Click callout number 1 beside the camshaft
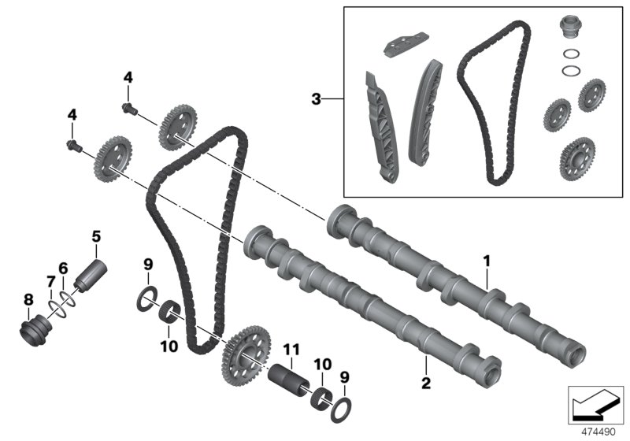(x=487, y=259)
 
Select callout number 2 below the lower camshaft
(x=424, y=384)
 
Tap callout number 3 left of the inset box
(x=317, y=99)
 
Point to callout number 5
(x=97, y=235)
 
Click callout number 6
(x=64, y=269)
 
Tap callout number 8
(x=28, y=299)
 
